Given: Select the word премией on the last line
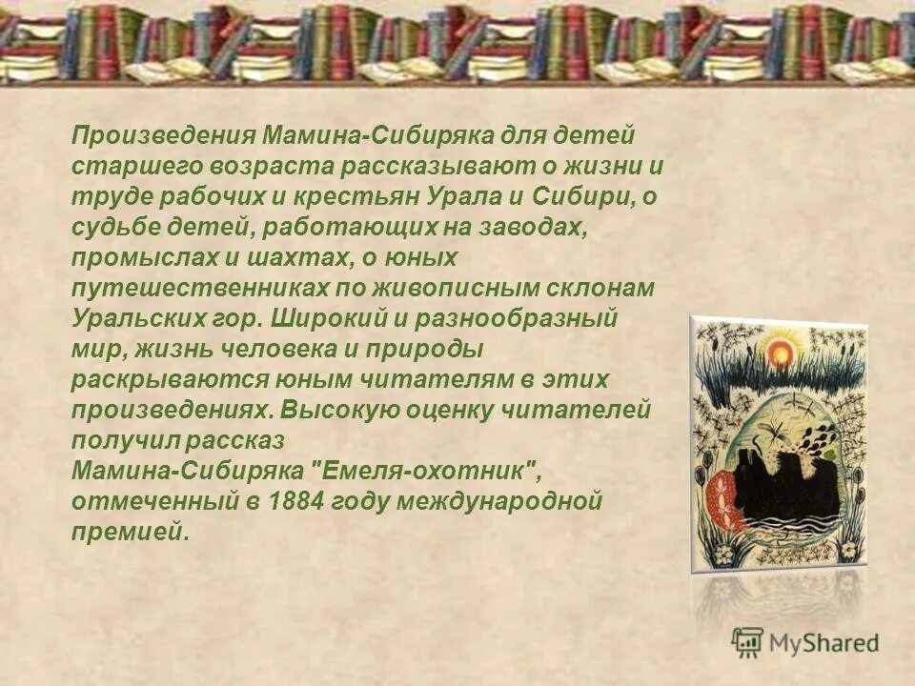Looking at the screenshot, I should coord(130,532).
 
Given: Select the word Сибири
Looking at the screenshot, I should coord(582,196).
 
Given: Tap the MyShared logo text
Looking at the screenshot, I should coord(823,642).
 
